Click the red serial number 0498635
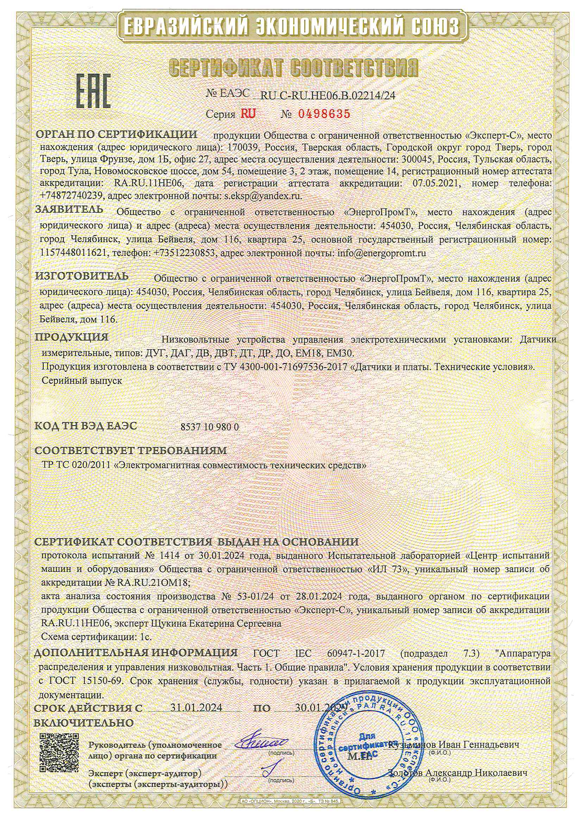tap(324, 114)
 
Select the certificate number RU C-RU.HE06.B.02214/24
tap(327, 95)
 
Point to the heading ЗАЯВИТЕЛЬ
tap(69, 209)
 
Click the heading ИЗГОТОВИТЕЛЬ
tap(82, 276)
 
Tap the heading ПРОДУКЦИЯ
tap(71, 337)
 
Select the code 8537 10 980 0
tap(209, 427)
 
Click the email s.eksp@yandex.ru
tap(263, 196)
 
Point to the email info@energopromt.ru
tap(382, 253)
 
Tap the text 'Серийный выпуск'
tap(82, 381)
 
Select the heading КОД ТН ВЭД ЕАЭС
tap(86, 426)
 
